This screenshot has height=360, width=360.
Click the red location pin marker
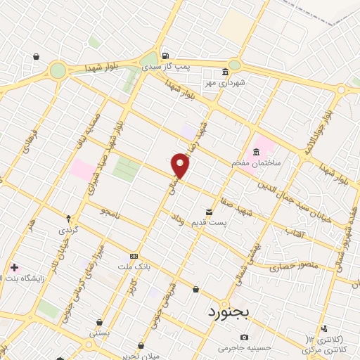(181, 166)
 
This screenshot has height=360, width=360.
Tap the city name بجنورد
(227, 310)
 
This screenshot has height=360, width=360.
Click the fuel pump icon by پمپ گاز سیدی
(165, 56)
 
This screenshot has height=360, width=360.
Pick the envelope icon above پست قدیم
(209, 212)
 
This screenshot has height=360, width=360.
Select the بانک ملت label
(133, 267)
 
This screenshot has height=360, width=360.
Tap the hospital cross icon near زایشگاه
(14, 267)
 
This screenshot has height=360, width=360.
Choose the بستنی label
(99, 332)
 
